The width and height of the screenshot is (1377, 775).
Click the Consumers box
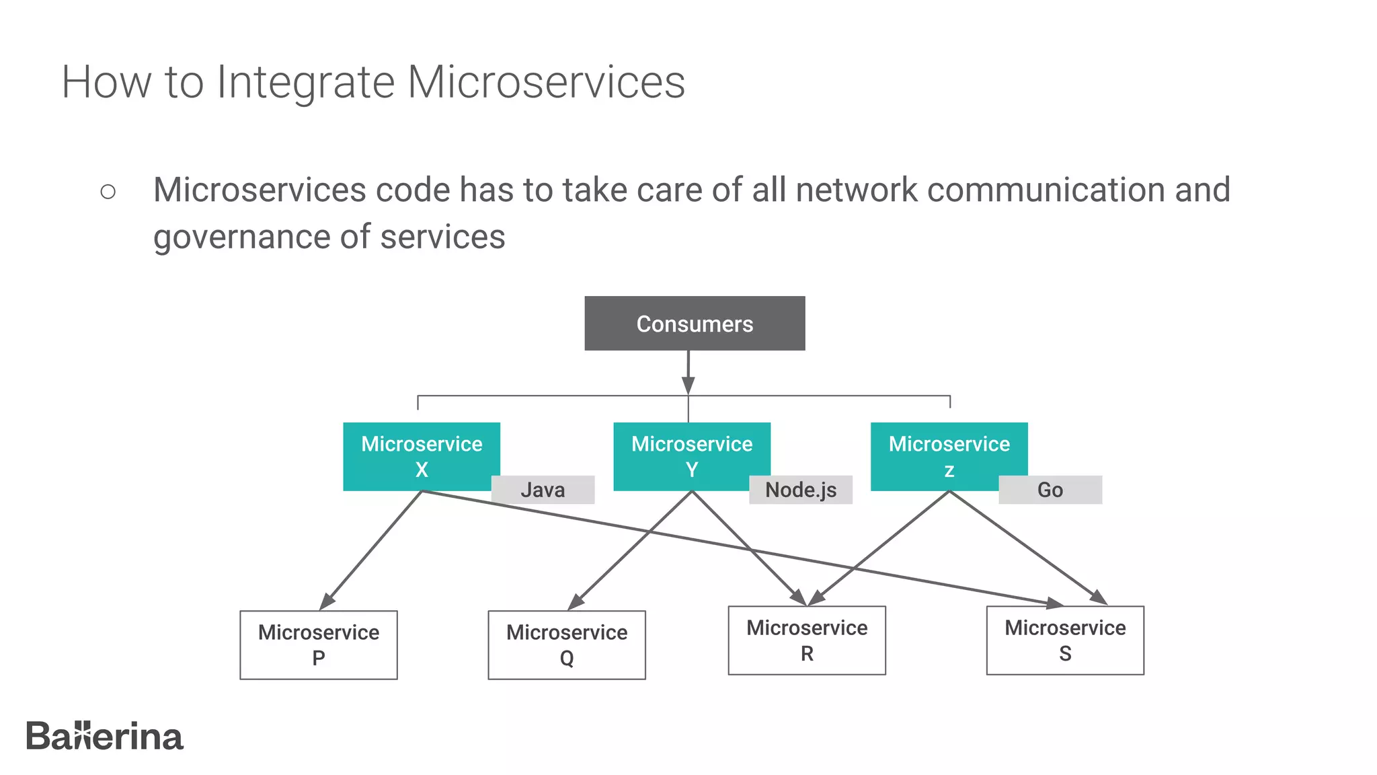695,324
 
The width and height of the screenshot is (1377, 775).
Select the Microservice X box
421,455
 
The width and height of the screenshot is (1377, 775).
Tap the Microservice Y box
691,455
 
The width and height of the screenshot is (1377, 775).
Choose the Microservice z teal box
949,455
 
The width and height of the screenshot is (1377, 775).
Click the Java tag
543,490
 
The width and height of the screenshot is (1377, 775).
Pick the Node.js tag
801,490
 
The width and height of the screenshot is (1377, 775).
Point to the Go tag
1050,490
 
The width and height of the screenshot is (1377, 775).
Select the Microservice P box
319,644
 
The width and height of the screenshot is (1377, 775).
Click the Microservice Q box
567,644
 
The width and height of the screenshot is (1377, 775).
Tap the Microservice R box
807,640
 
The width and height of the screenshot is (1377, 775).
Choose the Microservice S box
1065,640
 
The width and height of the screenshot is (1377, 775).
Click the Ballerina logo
104,737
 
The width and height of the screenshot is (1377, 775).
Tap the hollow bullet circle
108,192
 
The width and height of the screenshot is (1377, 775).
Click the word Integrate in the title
305,82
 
